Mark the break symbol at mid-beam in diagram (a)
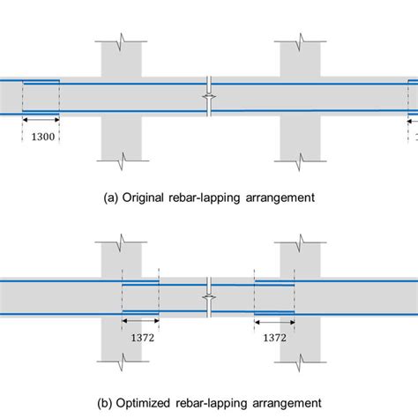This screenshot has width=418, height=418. click(x=208, y=97)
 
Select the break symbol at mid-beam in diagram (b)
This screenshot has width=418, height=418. click(x=208, y=298)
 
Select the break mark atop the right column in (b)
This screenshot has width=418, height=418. click(x=300, y=240)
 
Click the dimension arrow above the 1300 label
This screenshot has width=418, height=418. click(x=41, y=120)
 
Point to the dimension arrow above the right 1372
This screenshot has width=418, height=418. click(x=274, y=322)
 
